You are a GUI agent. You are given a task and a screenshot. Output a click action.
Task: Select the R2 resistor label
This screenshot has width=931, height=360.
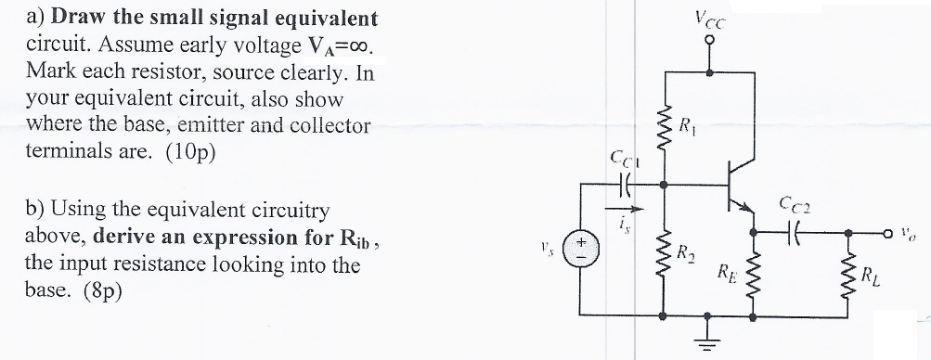coord(685,252)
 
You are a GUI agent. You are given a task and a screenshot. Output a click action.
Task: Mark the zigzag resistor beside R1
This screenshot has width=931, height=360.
coord(663,123)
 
